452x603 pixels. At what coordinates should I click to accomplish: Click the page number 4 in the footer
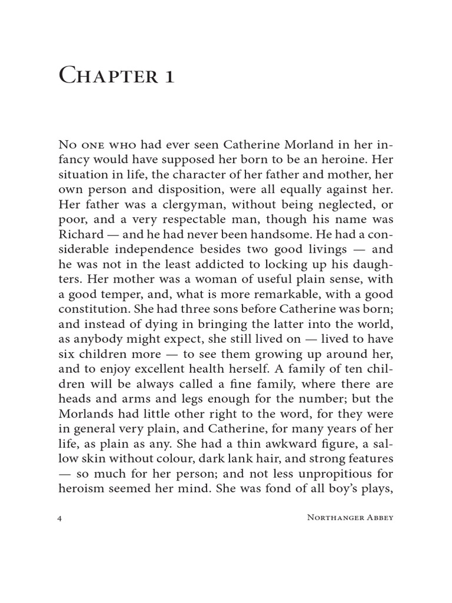pos(61,518)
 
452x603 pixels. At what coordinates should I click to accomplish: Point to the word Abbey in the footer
pos(378,518)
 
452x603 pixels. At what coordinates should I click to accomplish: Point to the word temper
pos(115,294)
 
